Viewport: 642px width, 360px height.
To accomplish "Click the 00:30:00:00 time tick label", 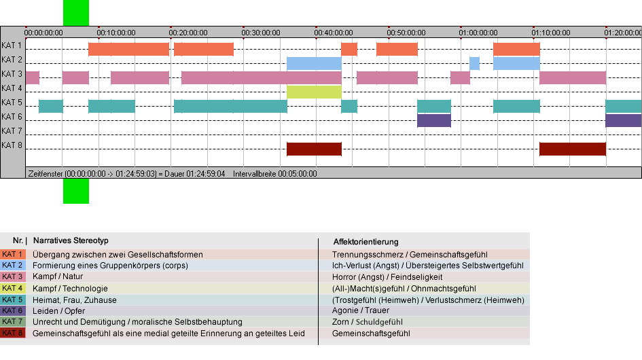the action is [261, 33].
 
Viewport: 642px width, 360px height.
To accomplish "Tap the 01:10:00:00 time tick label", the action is [551, 33].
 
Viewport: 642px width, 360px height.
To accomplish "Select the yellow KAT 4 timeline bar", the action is [314, 92].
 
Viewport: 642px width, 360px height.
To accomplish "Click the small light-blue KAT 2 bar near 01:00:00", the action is [474, 63].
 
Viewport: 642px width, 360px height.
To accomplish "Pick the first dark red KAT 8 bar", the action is [314, 149].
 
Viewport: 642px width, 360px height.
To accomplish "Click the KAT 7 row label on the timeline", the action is [12, 131].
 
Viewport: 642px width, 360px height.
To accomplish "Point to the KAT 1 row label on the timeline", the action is [12, 46].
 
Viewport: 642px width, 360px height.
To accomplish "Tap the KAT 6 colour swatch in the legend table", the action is [13, 310].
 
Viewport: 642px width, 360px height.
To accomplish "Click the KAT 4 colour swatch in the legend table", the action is [13, 288].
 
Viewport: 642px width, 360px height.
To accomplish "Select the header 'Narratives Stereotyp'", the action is [71, 241].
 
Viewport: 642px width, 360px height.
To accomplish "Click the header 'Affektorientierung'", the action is [365, 242].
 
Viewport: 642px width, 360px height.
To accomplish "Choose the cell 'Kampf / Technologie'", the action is [70, 288].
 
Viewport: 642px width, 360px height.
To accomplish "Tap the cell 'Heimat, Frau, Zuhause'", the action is [75, 300].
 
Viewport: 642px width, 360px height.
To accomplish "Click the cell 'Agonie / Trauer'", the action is [361, 310].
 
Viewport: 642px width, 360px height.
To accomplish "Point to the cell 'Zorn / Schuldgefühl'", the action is [368, 322].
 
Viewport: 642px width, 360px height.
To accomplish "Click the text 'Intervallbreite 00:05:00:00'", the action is [274, 174].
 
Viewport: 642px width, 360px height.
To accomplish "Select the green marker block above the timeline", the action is [75, 13].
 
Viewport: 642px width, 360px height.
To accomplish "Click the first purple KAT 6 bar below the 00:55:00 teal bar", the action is [434, 120].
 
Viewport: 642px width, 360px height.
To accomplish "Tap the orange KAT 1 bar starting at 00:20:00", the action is [204, 49].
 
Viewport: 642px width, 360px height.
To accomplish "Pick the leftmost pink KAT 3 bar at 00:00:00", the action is [33, 78].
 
